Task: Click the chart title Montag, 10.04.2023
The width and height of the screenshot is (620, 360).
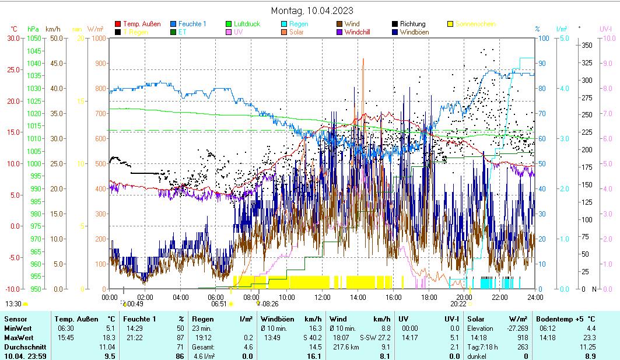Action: click(x=312, y=11)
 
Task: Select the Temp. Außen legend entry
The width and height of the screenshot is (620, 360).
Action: click(x=142, y=24)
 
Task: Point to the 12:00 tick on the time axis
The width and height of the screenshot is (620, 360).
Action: click(x=323, y=297)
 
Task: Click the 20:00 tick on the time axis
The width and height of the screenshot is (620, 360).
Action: click(x=464, y=297)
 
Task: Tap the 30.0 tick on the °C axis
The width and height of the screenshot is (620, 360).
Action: click(x=13, y=38)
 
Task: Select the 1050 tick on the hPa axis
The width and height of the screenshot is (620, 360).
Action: click(x=34, y=38)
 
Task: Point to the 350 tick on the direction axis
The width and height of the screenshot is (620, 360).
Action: click(x=587, y=45)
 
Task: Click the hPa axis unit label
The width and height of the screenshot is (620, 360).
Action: click(x=33, y=29)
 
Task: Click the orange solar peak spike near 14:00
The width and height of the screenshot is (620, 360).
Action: click(x=363, y=59)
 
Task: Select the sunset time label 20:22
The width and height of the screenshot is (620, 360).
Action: click(x=458, y=303)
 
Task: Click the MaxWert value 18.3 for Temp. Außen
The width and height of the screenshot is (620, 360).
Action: click(x=110, y=338)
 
